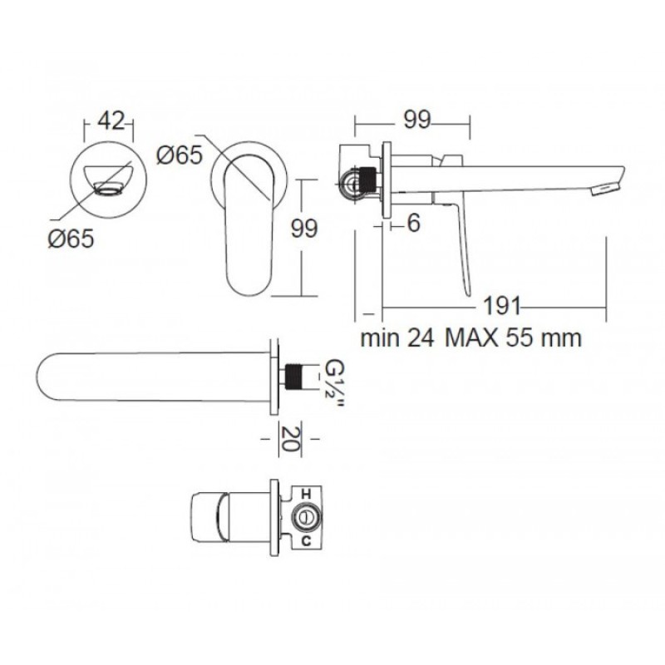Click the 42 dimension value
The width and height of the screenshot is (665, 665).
tap(111, 121)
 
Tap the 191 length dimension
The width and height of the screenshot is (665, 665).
tap(502, 305)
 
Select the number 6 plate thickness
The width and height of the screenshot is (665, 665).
tap(413, 223)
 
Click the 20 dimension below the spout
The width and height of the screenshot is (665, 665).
tap(290, 439)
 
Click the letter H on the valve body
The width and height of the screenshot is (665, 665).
tap(306, 495)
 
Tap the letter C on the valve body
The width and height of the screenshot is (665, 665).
tap(306, 541)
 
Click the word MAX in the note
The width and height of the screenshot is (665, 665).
tap(471, 338)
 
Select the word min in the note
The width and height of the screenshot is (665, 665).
tap(380, 338)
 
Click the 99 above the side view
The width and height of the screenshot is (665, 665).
tap(417, 120)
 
